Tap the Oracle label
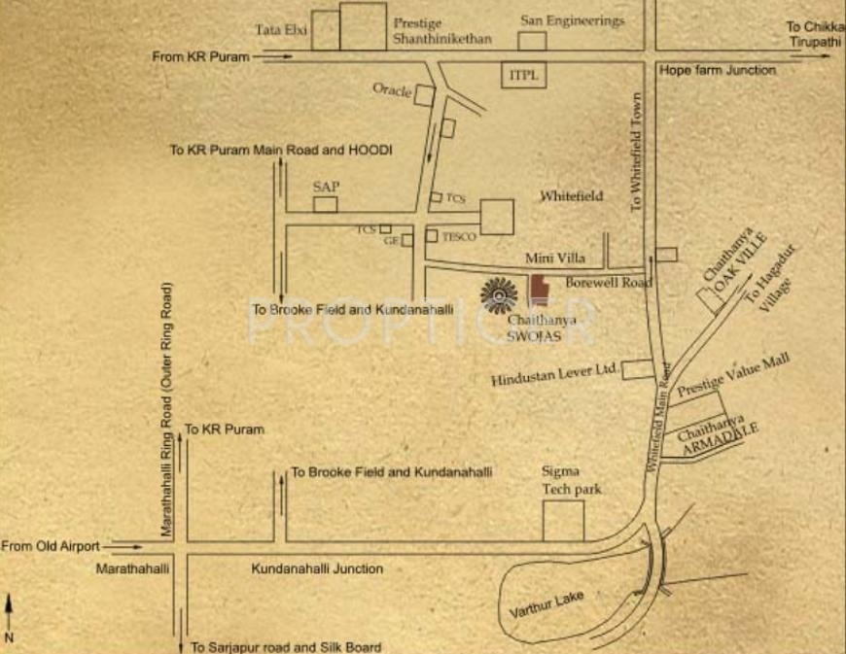click(392, 88)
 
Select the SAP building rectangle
click(325, 204)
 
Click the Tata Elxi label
click(281, 30)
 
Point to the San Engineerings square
click(531, 41)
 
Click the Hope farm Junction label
click(717, 70)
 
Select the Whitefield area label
click(571, 195)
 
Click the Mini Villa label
click(554, 258)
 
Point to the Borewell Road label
click(608, 282)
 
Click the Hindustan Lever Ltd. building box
click(638, 369)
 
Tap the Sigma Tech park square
click(563, 520)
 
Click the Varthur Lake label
click(546, 606)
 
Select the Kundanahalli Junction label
click(317, 568)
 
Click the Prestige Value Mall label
click(733, 375)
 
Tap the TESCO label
click(458, 236)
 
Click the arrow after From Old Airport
click(122, 546)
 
